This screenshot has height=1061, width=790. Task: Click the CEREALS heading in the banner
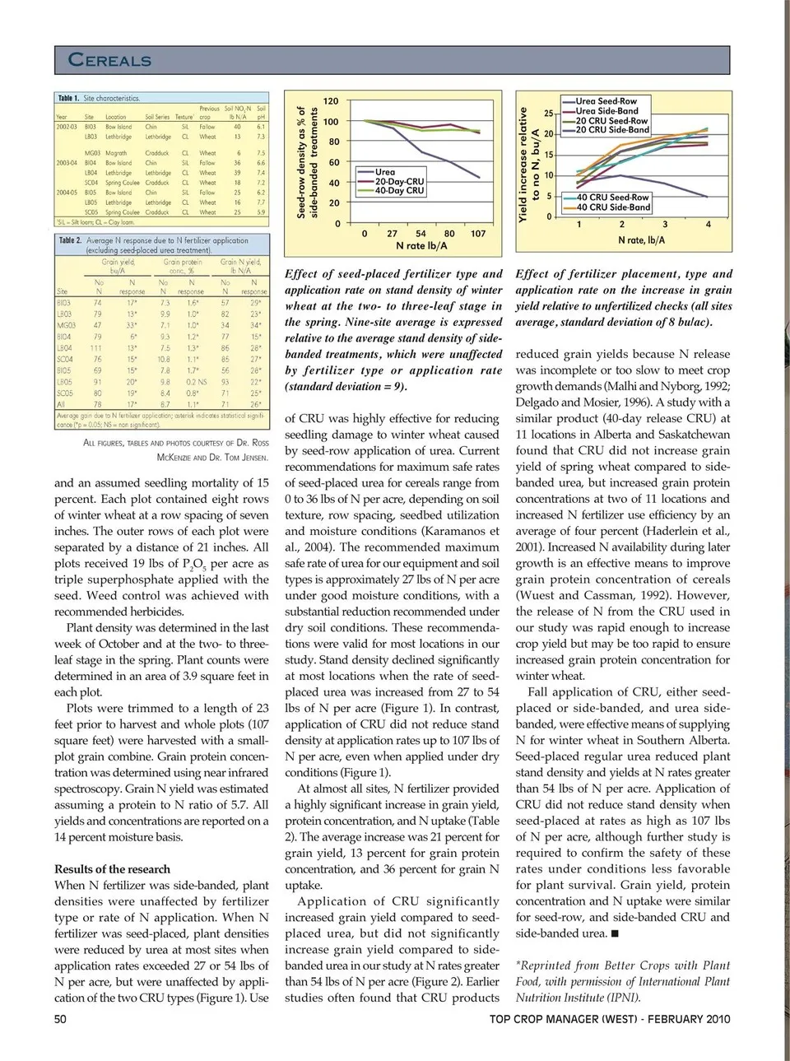coord(109,60)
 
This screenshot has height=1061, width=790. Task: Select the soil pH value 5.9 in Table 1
coord(261,212)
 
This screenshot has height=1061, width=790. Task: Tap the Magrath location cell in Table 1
coord(116,153)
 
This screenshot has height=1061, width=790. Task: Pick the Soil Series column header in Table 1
coord(157,117)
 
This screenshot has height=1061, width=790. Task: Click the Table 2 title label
coord(70,240)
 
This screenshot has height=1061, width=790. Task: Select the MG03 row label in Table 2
coord(64,325)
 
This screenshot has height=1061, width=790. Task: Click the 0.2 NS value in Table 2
coord(196,382)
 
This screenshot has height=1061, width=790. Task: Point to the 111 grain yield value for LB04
coord(97,348)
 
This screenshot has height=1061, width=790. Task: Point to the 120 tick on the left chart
coord(330,101)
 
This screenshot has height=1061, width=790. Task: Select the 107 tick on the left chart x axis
coord(478,234)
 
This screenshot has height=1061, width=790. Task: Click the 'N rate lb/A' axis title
coord(421,245)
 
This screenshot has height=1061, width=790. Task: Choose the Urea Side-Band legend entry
coord(606,111)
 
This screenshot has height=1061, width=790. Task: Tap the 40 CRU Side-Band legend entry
coord(613,207)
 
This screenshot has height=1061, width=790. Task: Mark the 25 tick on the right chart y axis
coord(549,114)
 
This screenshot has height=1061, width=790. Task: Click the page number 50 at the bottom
coord(60,1019)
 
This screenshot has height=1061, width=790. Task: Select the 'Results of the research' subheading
coord(112,869)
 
